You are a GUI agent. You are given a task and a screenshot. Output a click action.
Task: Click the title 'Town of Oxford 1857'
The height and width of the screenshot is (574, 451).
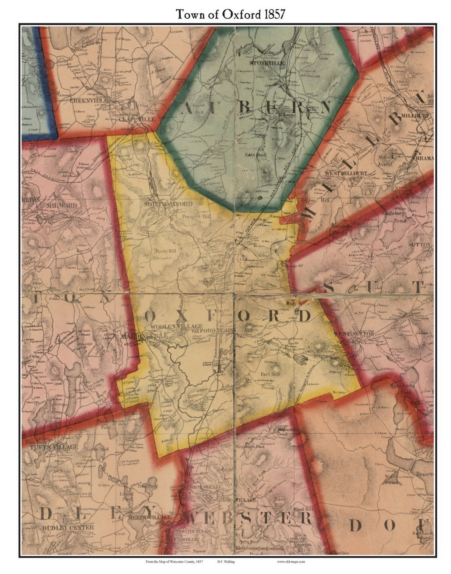pos(230,14)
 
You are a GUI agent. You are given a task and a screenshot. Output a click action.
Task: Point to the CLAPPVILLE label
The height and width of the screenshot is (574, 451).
pos(137,119)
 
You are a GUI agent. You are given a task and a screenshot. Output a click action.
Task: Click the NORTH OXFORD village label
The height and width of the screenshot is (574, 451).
pos(168,204)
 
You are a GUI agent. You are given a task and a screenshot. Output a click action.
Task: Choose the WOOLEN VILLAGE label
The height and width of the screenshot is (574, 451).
pos(176,326)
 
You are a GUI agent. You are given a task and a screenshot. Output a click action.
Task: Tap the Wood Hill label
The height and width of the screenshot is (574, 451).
pos(303,509)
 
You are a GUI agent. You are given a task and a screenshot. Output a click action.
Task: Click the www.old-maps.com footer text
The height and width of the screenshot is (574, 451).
pos(291,561)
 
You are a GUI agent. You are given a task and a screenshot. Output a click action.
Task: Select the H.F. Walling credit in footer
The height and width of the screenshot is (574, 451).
pos(226,561)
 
